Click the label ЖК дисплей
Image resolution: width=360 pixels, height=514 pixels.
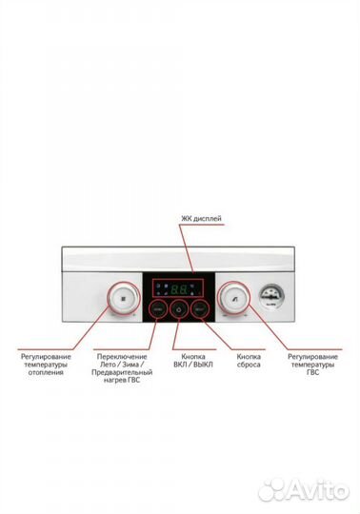(x=201, y=219)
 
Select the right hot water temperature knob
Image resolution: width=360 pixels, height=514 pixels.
(x=232, y=296)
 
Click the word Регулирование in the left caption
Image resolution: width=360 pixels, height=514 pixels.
(x=46, y=356)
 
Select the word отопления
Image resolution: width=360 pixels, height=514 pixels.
(x=45, y=373)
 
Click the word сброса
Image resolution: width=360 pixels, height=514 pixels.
(x=249, y=365)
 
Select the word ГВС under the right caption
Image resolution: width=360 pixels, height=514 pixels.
(x=311, y=373)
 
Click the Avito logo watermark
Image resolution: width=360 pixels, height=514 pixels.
(x=304, y=488)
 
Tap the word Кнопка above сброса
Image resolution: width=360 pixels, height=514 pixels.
(x=249, y=356)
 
